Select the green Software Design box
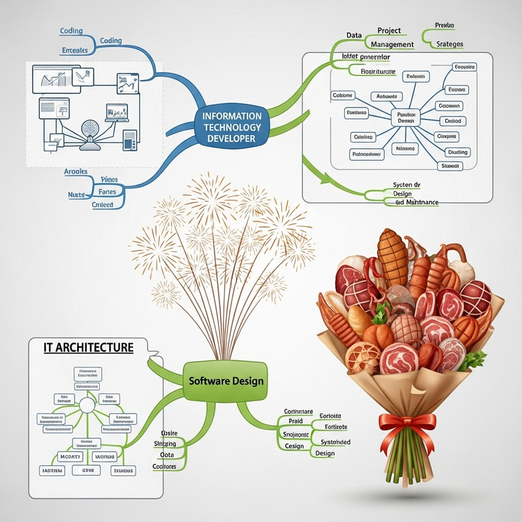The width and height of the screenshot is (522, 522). pos(226,380)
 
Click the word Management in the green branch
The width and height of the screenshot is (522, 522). pos(391,44)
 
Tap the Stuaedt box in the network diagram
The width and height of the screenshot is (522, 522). pos(452,166)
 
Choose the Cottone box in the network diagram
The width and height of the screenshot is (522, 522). pos(343,95)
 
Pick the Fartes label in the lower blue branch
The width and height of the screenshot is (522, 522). pos(106,192)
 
